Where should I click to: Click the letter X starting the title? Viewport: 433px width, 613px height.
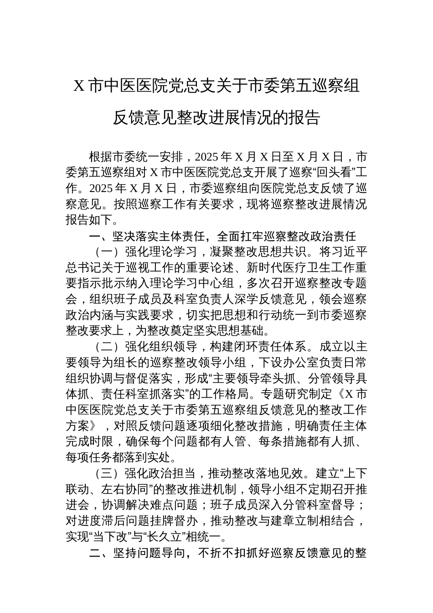point(79,86)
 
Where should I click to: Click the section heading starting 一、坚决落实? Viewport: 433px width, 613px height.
point(222,236)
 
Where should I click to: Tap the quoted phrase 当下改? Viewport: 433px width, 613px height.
point(100,536)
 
